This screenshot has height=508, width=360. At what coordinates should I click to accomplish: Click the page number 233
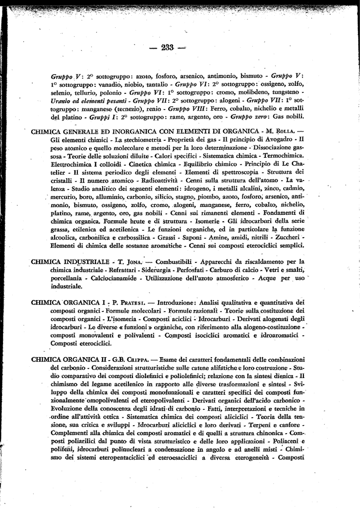(167, 48)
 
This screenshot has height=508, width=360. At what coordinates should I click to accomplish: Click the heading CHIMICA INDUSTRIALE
(70, 261)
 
